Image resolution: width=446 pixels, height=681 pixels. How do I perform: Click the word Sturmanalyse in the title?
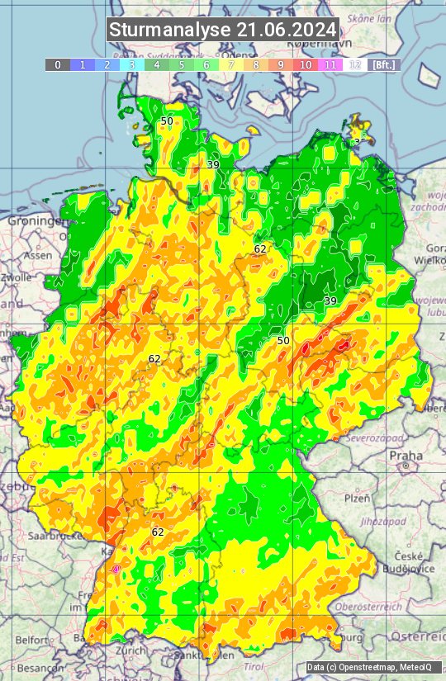pyautogui.click(x=170, y=30)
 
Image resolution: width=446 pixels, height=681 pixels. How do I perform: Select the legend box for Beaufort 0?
pyautogui.click(x=58, y=64)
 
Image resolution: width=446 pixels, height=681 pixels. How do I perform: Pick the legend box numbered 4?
pyautogui.click(x=157, y=64)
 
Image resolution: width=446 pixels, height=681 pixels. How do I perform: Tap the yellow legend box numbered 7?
pyautogui.click(x=231, y=64)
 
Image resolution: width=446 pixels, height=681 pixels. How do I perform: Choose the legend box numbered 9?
pyautogui.click(x=281, y=64)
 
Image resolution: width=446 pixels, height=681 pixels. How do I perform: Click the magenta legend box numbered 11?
pyautogui.click(x=330, y=64)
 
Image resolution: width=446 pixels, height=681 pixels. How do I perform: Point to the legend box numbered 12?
pyautogui.click(x=355, y=64)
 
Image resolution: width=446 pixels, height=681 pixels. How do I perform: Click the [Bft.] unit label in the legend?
pyautogui.click(x=383, y=64)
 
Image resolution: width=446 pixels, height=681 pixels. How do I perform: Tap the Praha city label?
pyautogui.click(x=406, y=455)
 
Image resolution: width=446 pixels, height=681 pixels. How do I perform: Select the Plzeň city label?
pyautogui.click(x=356, y=498)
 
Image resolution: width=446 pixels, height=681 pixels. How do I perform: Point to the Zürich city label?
pyautogui.click(x=131, y=650)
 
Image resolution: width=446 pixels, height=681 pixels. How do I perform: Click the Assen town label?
pyautogui.click(x=37, y=255)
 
